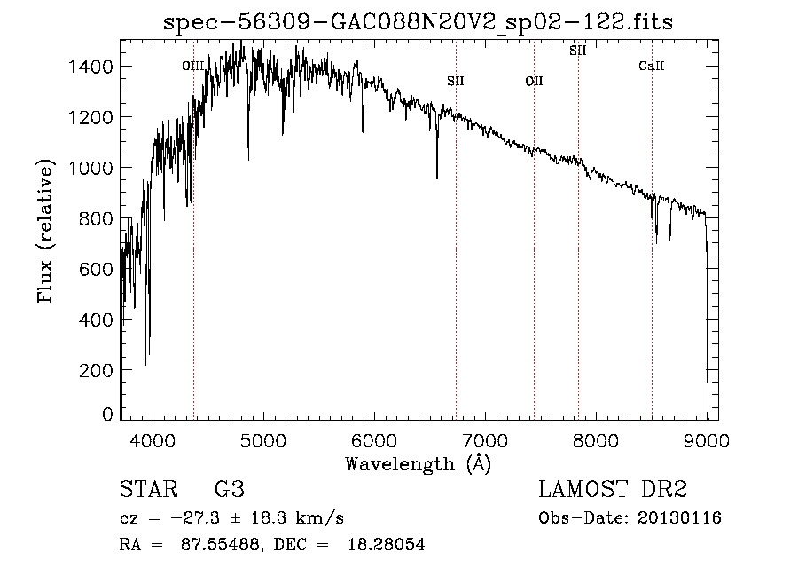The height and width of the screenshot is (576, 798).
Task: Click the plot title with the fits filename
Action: tap(419, 22)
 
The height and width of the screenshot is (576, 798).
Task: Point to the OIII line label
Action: tap(193, 66)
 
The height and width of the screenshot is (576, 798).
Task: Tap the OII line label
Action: tap(534, 82)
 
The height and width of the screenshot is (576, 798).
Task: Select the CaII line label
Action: tap(652, 66)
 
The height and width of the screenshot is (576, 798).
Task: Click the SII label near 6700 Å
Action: tap(456, 82)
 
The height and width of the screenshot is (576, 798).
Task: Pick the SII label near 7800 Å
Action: tap(577, 51)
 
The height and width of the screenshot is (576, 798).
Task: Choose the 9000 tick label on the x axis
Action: tap(707, 440)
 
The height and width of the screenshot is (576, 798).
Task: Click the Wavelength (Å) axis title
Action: tap(418, 463)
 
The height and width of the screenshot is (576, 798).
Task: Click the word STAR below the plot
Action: tap(146, 490)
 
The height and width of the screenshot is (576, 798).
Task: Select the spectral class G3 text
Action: tap(230, 490)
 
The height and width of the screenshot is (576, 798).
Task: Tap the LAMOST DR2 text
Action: tap(613, 490)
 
